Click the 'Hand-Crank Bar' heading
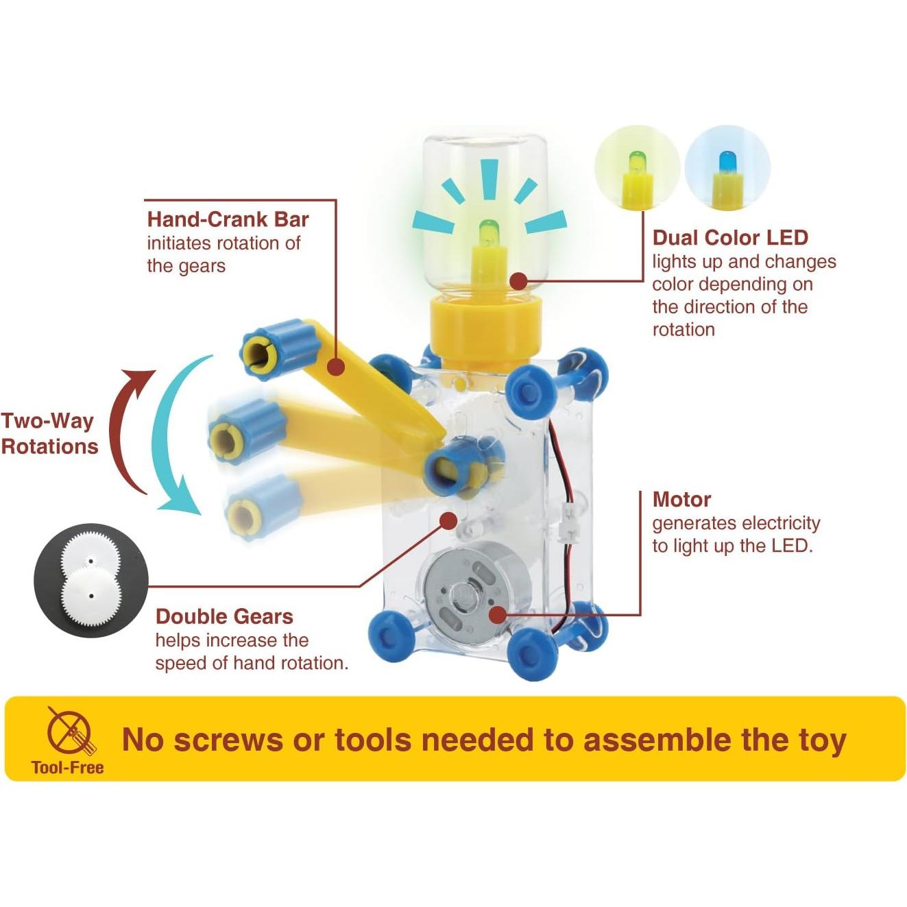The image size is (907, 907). [x=228, y=219]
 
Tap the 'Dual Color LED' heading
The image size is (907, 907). [x=730, y=238]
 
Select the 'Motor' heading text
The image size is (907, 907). [x=681, y=499]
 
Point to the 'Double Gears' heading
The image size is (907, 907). [x=224, y=616]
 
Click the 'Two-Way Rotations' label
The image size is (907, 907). [x=49, y=433]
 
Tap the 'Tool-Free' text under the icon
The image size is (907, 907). [x=67, y=767]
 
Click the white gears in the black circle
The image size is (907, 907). [x=90, y=581]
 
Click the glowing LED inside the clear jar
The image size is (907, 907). [x=488, y=233]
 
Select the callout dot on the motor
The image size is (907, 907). [x=498, y=614]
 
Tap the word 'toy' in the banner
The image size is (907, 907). [x=822, y=740]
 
